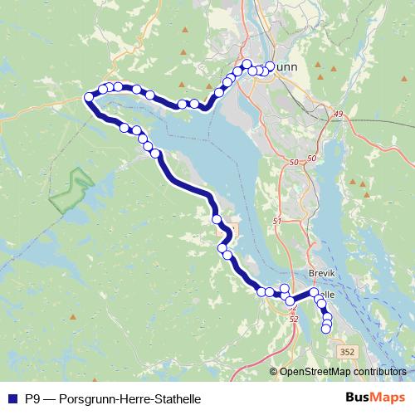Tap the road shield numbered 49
[x=338, y=114]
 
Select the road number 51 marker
[x=277, y=222]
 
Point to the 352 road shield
[x=348, y=352]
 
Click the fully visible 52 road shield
[x=293, y=318]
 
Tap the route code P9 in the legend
[x=34, y=399]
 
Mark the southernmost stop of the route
[x=325, y=329]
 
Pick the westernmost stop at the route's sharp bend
[x=88, y=97]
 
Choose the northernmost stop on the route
[x=247, y=64]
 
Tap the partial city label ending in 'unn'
[x=288, y=68]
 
